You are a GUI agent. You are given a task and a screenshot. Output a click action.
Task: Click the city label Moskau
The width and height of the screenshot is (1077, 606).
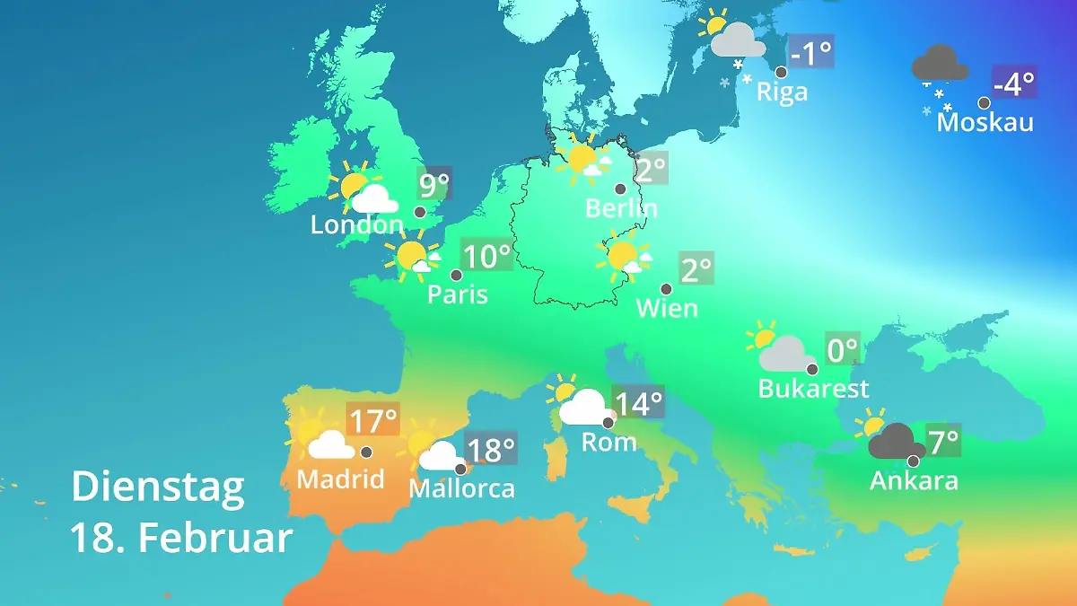pos(985,122)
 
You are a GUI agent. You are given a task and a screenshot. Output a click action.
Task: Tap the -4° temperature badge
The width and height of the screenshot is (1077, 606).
pos(1014,83)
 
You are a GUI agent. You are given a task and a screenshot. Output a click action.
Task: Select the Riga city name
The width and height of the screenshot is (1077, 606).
pos(782,92)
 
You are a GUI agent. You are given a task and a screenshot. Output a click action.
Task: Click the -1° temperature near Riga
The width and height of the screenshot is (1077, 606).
pos(810,53)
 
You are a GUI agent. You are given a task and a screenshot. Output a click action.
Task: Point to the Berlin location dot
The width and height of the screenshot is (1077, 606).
pos(619,189)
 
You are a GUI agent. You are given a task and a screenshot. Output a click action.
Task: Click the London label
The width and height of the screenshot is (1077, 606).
pos(357,224)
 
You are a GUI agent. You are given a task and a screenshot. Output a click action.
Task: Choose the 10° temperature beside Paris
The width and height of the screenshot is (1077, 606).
pos(486,256)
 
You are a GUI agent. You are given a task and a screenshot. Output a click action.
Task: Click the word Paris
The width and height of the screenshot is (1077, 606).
pos(457,294)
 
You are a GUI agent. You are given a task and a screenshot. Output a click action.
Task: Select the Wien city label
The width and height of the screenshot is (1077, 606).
pos(666,308)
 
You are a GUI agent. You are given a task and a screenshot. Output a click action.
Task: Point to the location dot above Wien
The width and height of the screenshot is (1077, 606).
pos(666,289)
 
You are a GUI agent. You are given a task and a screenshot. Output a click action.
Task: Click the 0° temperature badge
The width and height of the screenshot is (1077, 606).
pos(842,349)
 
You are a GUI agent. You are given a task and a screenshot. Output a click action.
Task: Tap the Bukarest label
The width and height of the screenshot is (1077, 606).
pos(813,389)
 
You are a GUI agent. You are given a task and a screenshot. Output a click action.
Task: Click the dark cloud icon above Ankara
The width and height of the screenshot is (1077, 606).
pos(895,442)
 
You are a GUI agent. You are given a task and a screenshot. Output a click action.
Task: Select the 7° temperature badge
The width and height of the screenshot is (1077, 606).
pos(942,441)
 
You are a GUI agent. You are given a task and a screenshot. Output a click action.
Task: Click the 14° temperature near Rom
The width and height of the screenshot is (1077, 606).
pos(638,403)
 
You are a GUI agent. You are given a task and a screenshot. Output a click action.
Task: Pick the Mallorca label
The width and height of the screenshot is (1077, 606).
pos(461,488)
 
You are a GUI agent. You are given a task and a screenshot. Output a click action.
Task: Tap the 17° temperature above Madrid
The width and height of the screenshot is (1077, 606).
pos(372,419)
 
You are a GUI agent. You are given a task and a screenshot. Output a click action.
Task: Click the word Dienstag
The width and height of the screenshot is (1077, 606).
pos(157,487)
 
